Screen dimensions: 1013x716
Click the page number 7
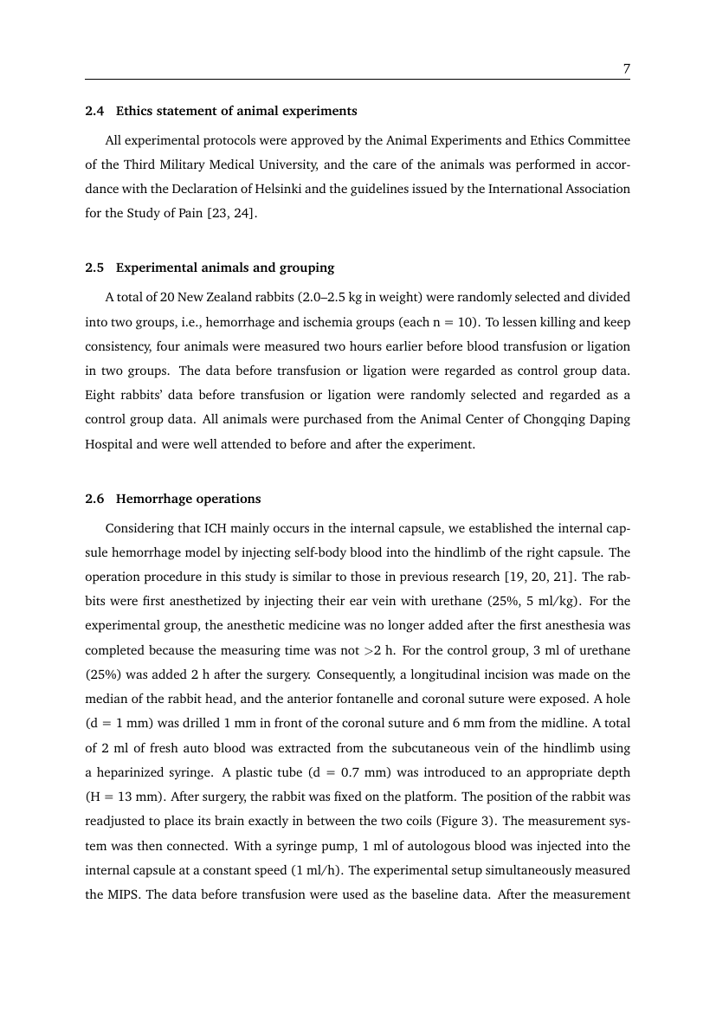pyautogui.click(x=626, y=70)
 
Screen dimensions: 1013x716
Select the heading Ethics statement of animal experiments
pyautogui.click(x=236, y=112)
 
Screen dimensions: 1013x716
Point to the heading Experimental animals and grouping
pyautogui.click(x=225, y=268)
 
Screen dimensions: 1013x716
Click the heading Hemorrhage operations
pyautogui.click(x=188, y=500)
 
